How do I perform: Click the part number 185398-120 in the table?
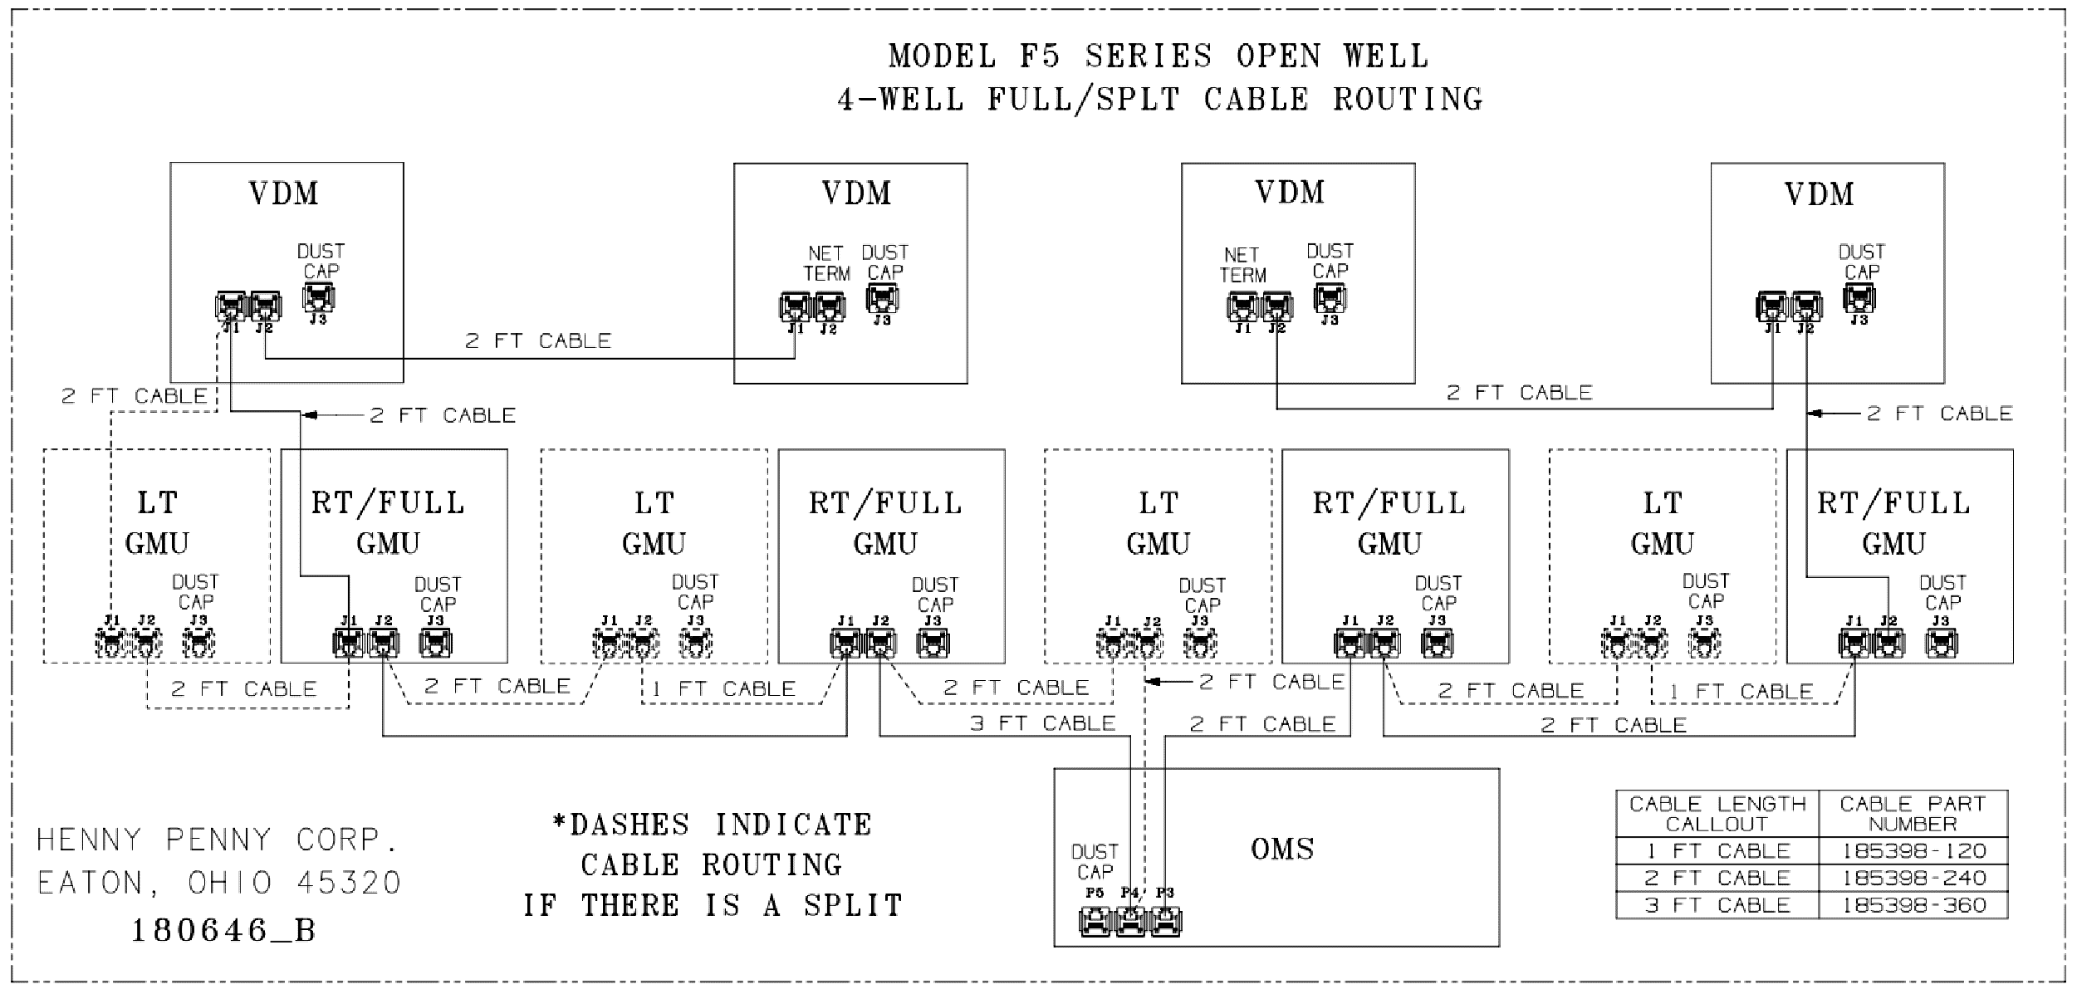click(x=1913, y=851)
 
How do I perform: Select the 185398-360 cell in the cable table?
click(x=1913, y=905)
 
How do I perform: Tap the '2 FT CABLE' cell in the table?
click(x=1717, y=878)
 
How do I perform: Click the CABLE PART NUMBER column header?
click(x=1913, y=814)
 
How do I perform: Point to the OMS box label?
click(x=1282, y=849)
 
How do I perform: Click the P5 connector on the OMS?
click(x=1095, y=922)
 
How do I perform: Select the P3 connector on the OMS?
click(x=1165, y=922)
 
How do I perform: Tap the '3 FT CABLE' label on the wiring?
click(x=1042, y=723)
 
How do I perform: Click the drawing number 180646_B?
click(x=224, y=930)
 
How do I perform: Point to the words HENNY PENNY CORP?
click(x=218, y=840)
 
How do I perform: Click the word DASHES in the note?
click(x=629, y=825)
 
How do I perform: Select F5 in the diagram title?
click(x=1040, y=56)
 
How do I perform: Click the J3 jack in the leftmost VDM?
click(x=318, y=296)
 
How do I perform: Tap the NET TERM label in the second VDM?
click(x=826, y=263)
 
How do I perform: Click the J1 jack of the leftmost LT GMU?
click(x=111, y=643)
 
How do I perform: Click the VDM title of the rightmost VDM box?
click(x=1819, y=194)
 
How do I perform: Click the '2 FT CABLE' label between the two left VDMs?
click(x=538, y=340)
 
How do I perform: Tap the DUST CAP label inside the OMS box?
click(x=1095, y=862)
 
